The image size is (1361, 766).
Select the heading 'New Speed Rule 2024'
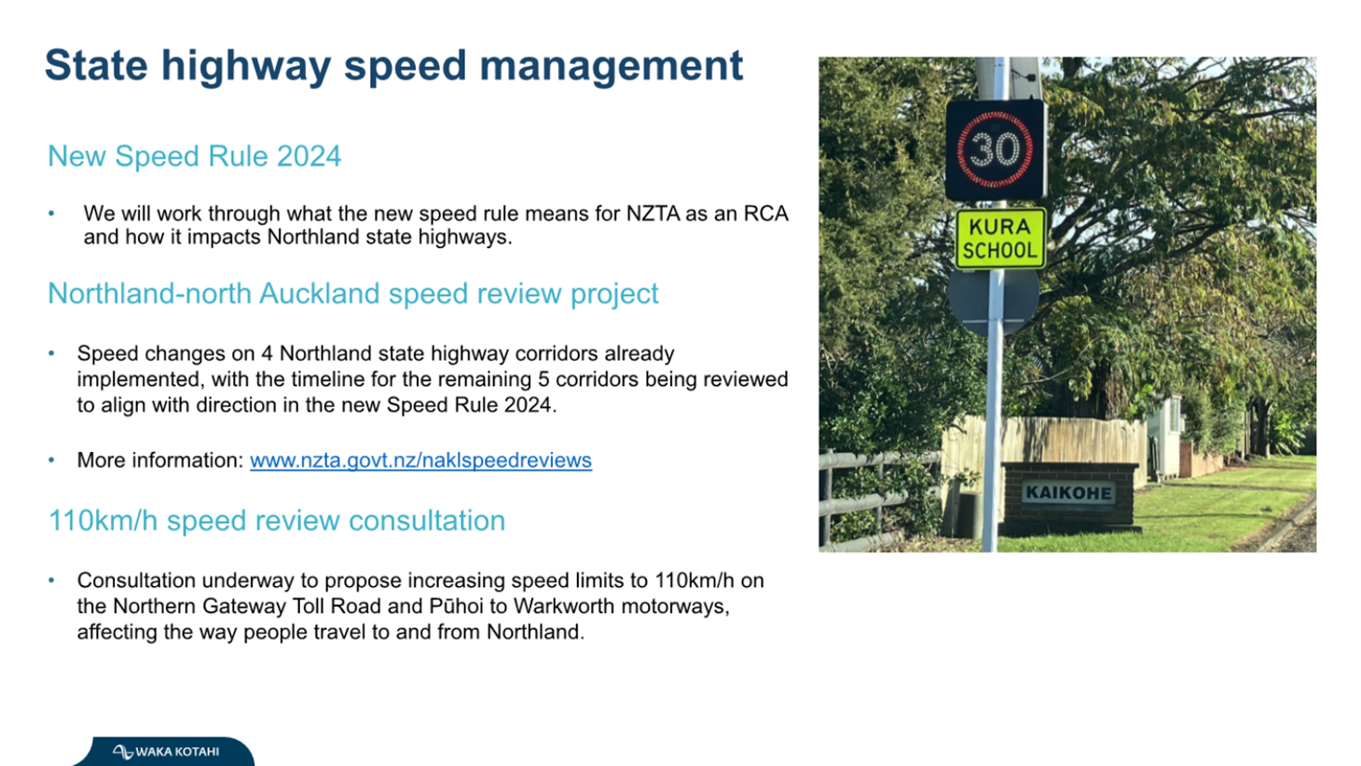click(195, 157)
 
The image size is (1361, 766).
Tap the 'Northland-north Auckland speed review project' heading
click(353, 294)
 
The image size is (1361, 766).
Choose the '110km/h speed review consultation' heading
click(277, 521)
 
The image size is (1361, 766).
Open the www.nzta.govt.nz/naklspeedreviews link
click(420, 460)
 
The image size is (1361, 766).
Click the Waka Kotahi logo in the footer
click(166, 751)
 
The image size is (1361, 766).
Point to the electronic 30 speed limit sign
click(996, 150)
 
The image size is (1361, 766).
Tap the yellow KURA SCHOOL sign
click(1000, 239)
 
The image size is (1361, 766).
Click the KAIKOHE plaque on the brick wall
click(1069, 492)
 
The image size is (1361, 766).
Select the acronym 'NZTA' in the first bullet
click(653, 213)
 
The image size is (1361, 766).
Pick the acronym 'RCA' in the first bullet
click(766, 213)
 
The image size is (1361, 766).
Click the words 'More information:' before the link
click(160, 460)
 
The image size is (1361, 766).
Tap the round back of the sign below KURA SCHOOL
click(994, 301)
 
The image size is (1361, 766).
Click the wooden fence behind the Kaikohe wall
click(1045, 443)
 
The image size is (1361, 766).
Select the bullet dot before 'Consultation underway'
click(51, 581)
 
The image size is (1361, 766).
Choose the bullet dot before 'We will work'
click(51, 213)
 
